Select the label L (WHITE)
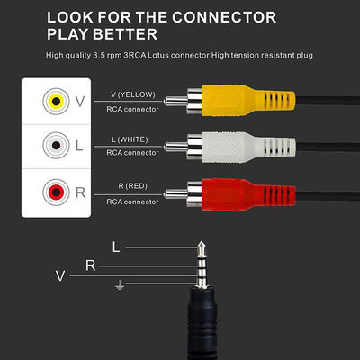[x=126, y=139]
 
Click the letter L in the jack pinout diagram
[x=115, y=246]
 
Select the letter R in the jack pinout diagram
[x=91, y=265]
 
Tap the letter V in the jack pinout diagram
[x=60, y=276]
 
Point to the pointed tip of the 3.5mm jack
[x=202, y=241]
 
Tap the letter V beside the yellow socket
[x=80, y=102]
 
